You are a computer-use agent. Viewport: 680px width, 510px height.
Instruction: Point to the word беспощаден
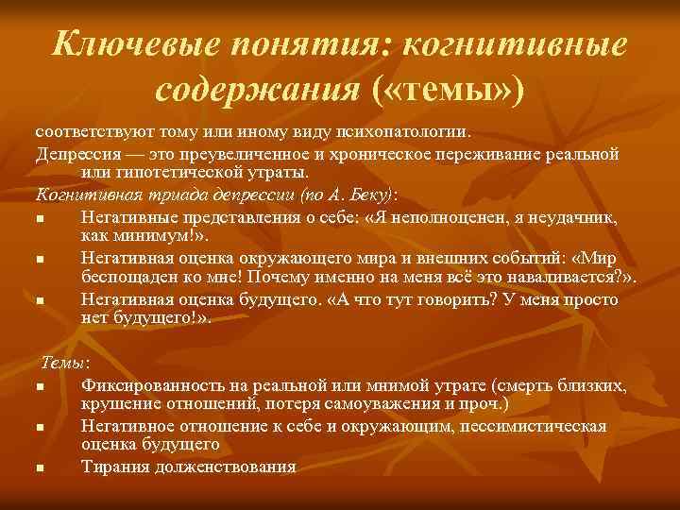127,279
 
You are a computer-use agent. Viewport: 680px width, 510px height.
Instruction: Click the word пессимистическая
523,426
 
